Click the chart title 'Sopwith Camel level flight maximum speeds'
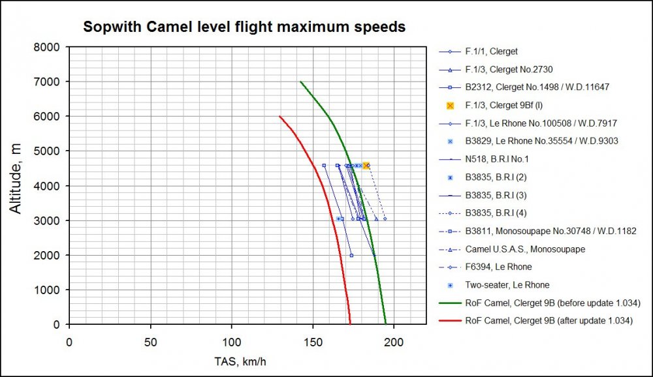tap(244, 27)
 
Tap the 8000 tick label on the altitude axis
tap(48, 47)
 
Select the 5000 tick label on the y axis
tap(48, 151)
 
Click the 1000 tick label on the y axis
tap(48, 290)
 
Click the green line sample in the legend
tap(450, 303)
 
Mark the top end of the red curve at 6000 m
tap(280, 116)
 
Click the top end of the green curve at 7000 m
tap(300, 82)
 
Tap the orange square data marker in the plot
tap(366, 166)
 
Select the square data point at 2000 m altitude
tap(351, 255)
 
